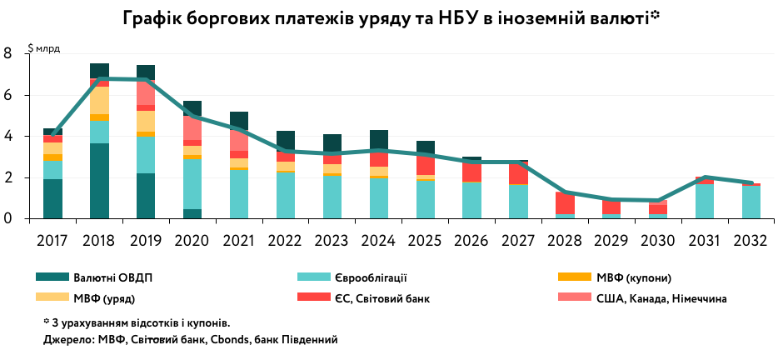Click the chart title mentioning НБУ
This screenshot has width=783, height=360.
[391, 17]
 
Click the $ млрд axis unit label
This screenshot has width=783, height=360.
[44, 48]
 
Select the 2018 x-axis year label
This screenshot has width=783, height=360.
[99, 239]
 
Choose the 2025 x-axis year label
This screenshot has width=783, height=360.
[426, 239]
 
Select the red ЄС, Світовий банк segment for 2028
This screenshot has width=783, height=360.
[566, 202]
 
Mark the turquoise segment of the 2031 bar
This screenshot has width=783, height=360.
[705, 201]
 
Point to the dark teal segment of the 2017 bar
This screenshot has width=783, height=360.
[52, 198]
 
